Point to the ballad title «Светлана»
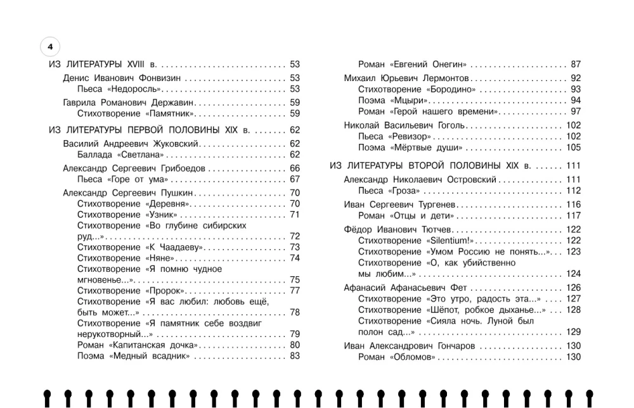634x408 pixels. tap(138, 155)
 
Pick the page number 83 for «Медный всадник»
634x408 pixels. tap(295, 357)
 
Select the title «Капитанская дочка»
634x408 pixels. tap(155, 345)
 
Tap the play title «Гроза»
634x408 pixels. tap(404, 191)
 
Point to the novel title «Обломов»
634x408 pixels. tap(413, 357)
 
